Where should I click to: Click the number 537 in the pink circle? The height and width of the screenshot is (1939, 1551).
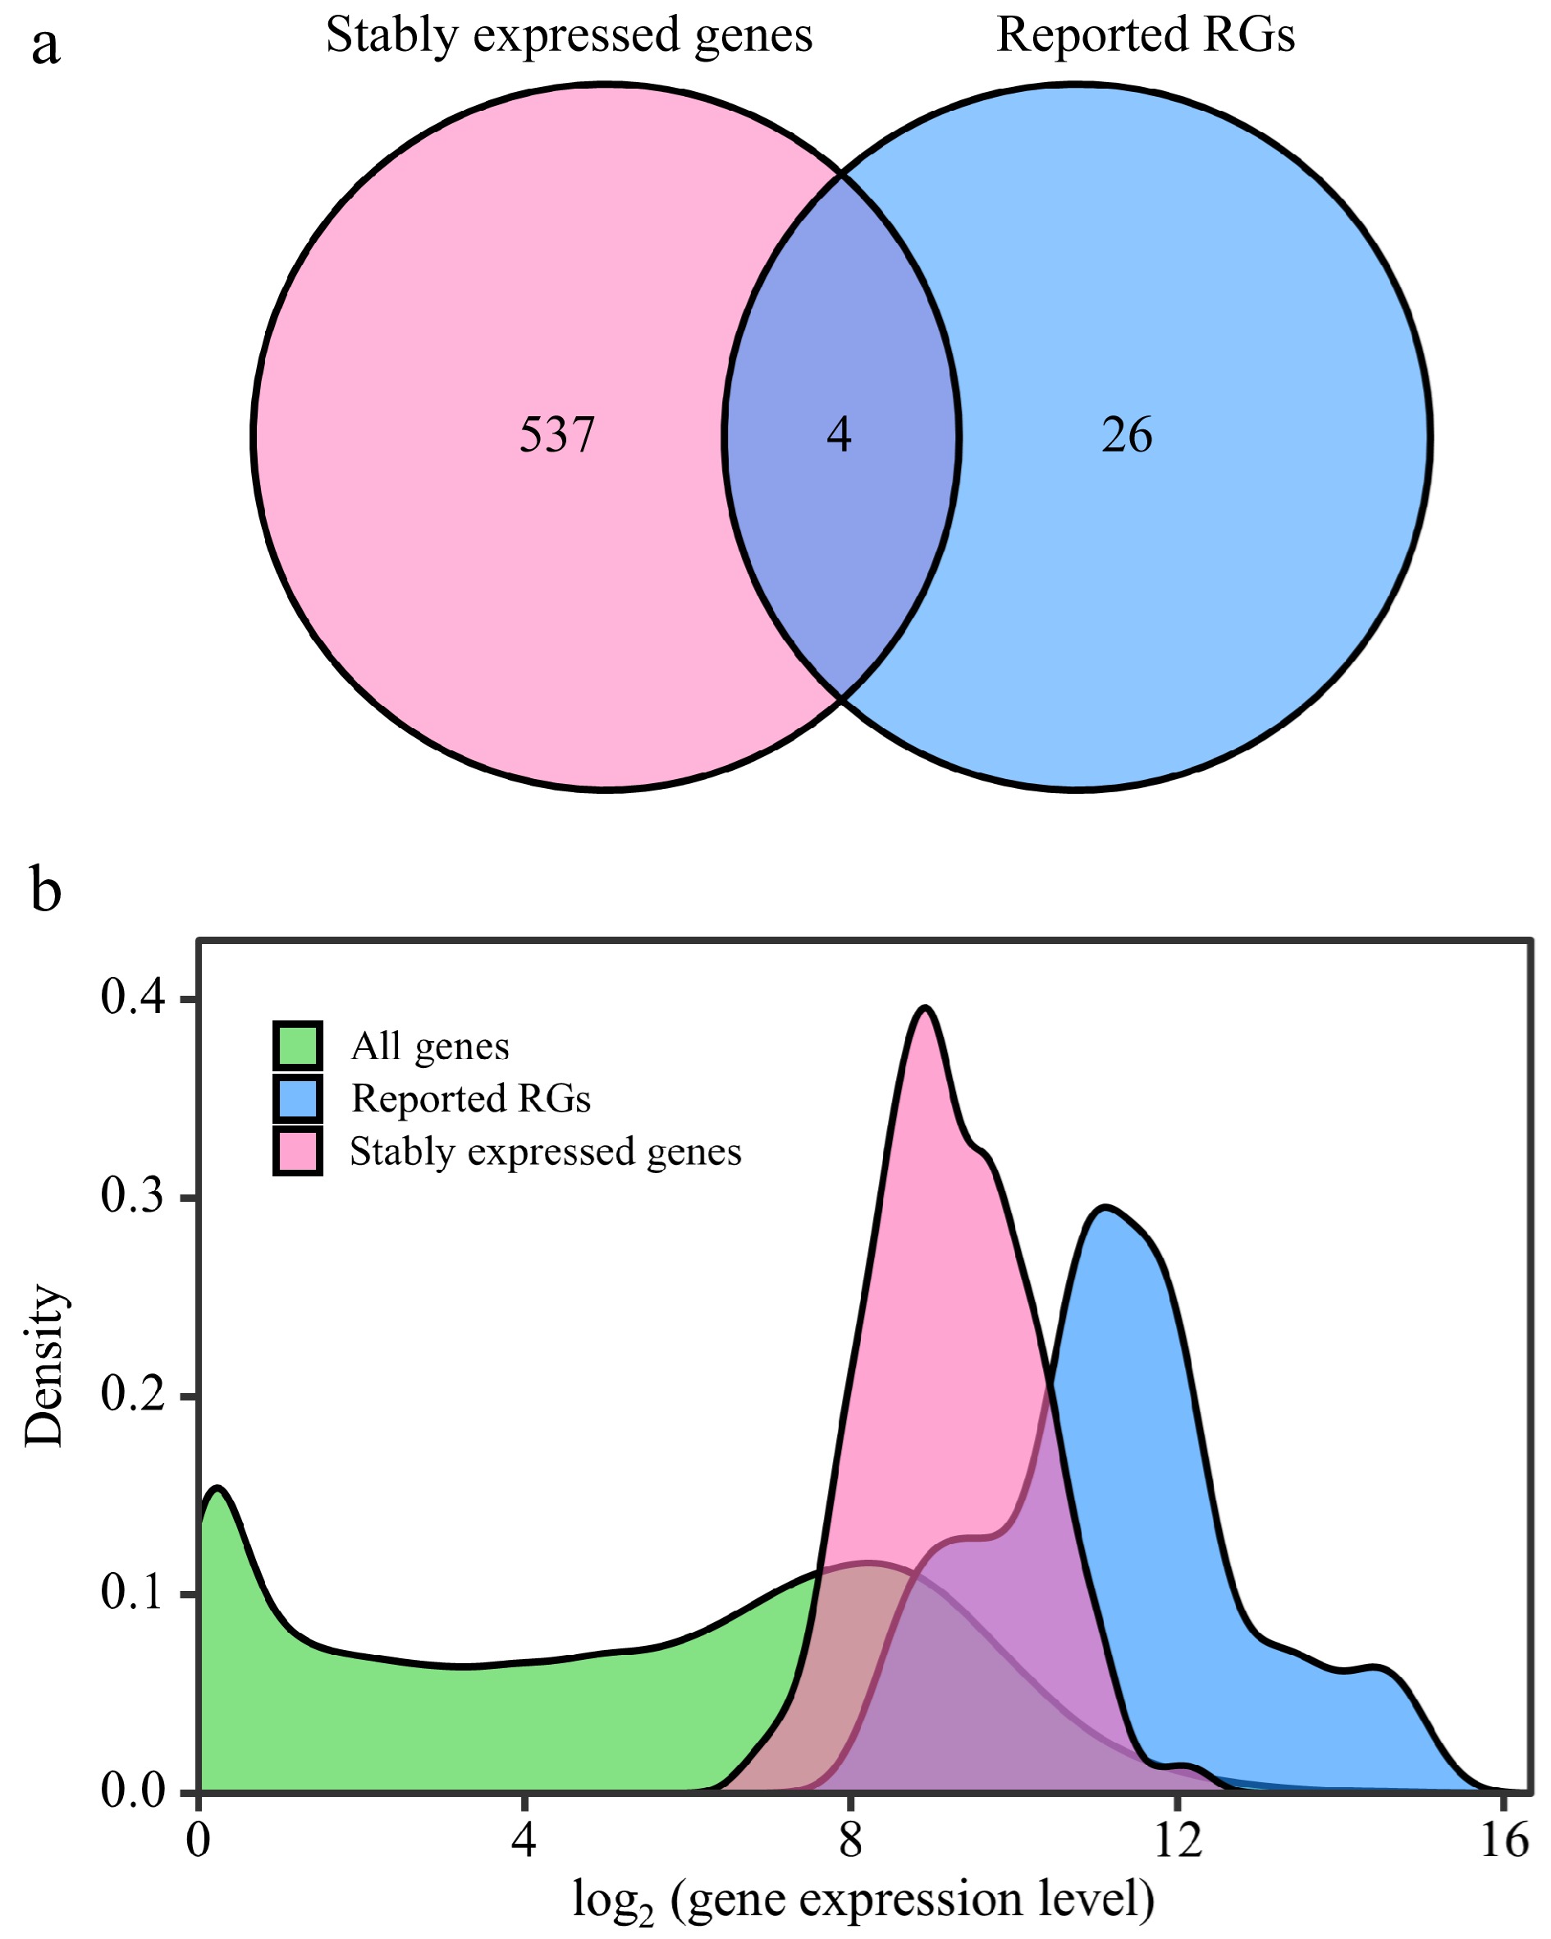[x=556, y=435]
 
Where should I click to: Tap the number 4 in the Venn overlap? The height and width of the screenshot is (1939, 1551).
[x=838, y=435]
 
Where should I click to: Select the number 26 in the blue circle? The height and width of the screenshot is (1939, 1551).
[x=1127, y=435]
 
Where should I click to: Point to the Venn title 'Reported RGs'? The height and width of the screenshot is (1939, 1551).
[x=1146, y=36]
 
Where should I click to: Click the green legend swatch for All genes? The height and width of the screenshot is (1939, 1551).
[x=298, y=1046]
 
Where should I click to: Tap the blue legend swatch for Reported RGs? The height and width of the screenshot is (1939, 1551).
[x=298, y=1098]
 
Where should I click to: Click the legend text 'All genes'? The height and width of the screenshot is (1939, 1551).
[x=430, y=1046]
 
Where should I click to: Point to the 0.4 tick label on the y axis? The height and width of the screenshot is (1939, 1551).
[x=134, y=998]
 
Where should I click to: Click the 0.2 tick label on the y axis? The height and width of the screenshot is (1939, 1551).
[x=134, y=1395]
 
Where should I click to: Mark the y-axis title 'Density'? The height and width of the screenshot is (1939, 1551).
[x=45, y=1367]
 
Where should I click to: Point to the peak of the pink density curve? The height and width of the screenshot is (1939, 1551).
[x=924, y=1008]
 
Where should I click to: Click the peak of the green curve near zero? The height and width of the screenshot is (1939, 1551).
[x=218, y=1488]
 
